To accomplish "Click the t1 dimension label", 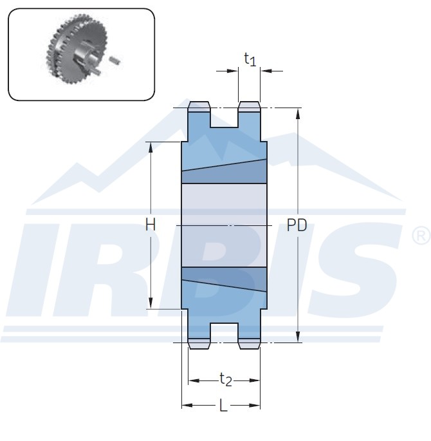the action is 250,59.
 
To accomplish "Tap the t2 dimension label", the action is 226,380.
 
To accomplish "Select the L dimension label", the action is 223,406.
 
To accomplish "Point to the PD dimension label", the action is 297,225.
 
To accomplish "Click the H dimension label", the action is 151,225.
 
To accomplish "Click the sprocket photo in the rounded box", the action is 77,49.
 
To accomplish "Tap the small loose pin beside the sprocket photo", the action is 115,60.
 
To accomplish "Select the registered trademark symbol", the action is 421,236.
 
